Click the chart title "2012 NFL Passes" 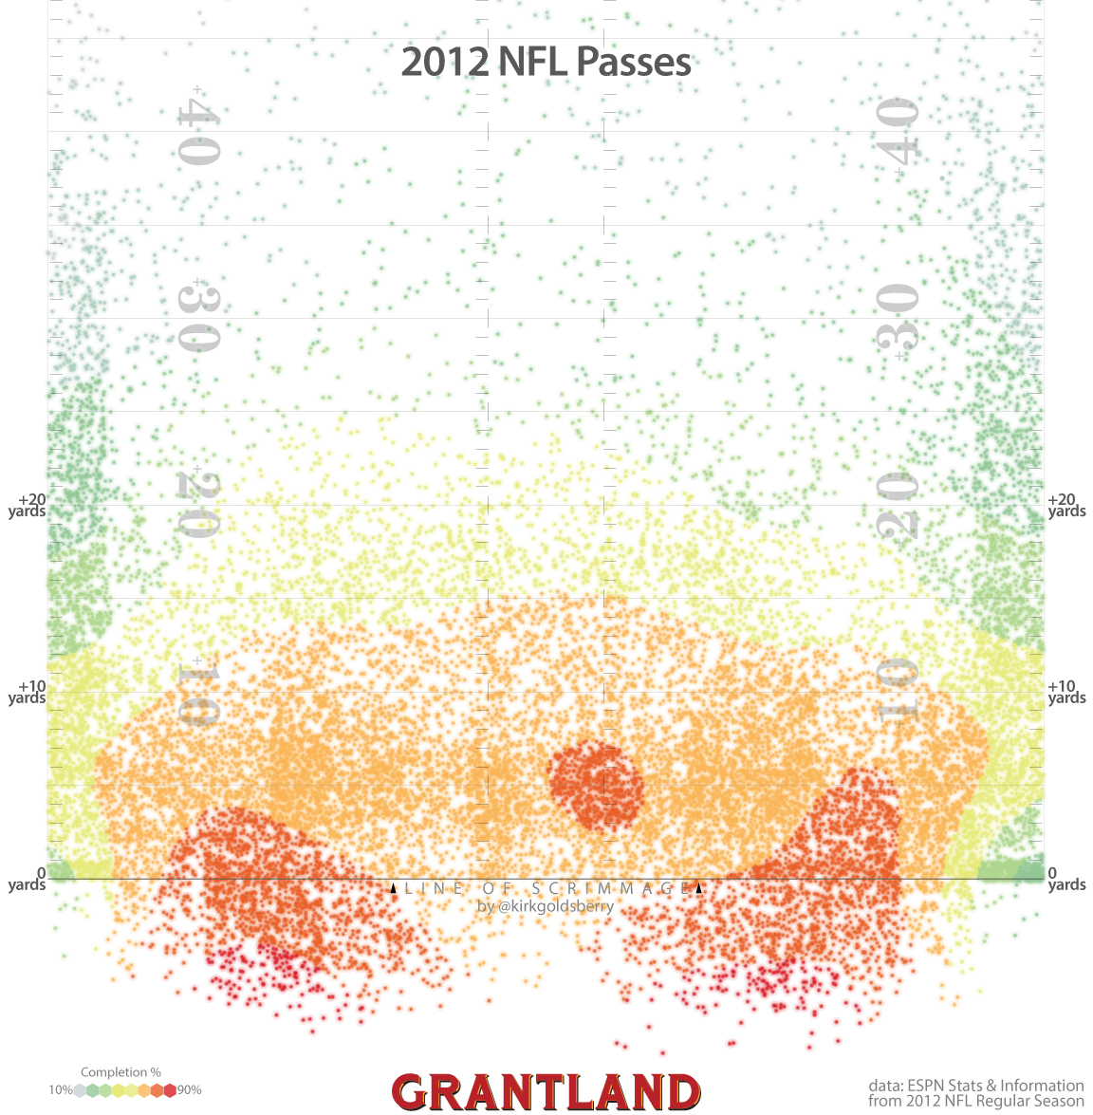tap(546, 62)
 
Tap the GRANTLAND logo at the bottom tap(546, 1092)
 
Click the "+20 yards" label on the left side tap(28, 505)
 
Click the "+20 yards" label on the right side tap(1066, 505)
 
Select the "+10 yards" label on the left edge tap(28, 692)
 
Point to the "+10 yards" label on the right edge tap(1066, 692)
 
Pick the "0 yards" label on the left tap(28, 879)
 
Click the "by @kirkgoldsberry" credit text tap(546, 906)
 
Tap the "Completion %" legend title tap(120, 1072)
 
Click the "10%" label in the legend tap(60, 1090)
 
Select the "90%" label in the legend tap(189, 1090)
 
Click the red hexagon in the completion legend tap(171, 1090)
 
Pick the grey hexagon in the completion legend tap(80, 1090)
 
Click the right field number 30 tap(897, 318)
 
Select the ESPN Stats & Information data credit tap(975, 1092)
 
